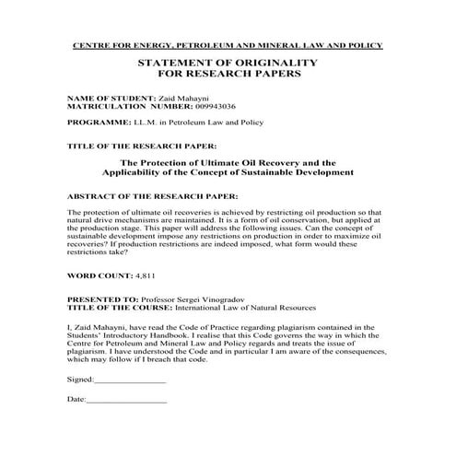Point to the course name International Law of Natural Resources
click(242, 308)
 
